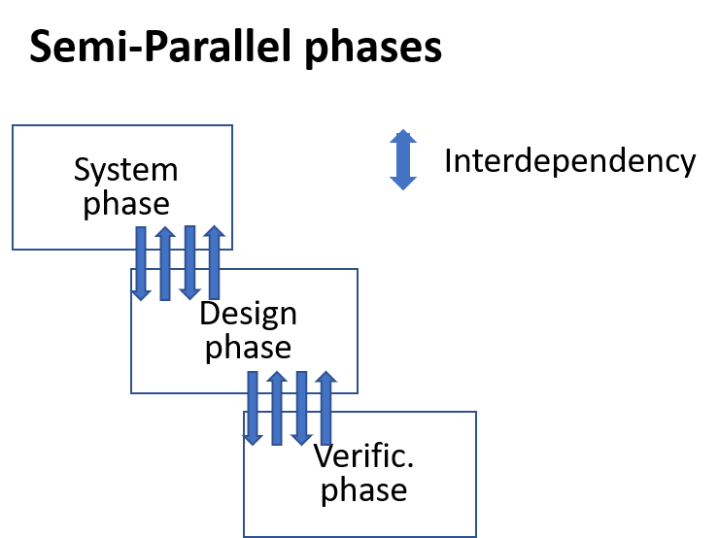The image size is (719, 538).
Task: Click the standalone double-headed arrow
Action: (403, 160)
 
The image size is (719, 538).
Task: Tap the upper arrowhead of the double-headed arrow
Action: (403, 136)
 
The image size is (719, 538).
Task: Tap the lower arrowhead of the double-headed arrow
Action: (403, 184)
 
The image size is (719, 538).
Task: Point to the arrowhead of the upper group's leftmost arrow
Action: (141, 295)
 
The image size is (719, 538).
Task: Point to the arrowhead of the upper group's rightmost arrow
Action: (215, 231)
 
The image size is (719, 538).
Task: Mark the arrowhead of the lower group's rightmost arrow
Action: (326, 377)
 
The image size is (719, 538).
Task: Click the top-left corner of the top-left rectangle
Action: (13, 125)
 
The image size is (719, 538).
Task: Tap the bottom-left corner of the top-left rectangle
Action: (13, 250)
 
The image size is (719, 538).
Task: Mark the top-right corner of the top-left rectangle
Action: (232, 125)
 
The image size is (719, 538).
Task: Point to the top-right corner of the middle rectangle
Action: (358, 269)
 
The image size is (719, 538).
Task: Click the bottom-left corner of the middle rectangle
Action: (131, 393)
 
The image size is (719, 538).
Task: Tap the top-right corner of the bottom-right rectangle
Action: (476, 412)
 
